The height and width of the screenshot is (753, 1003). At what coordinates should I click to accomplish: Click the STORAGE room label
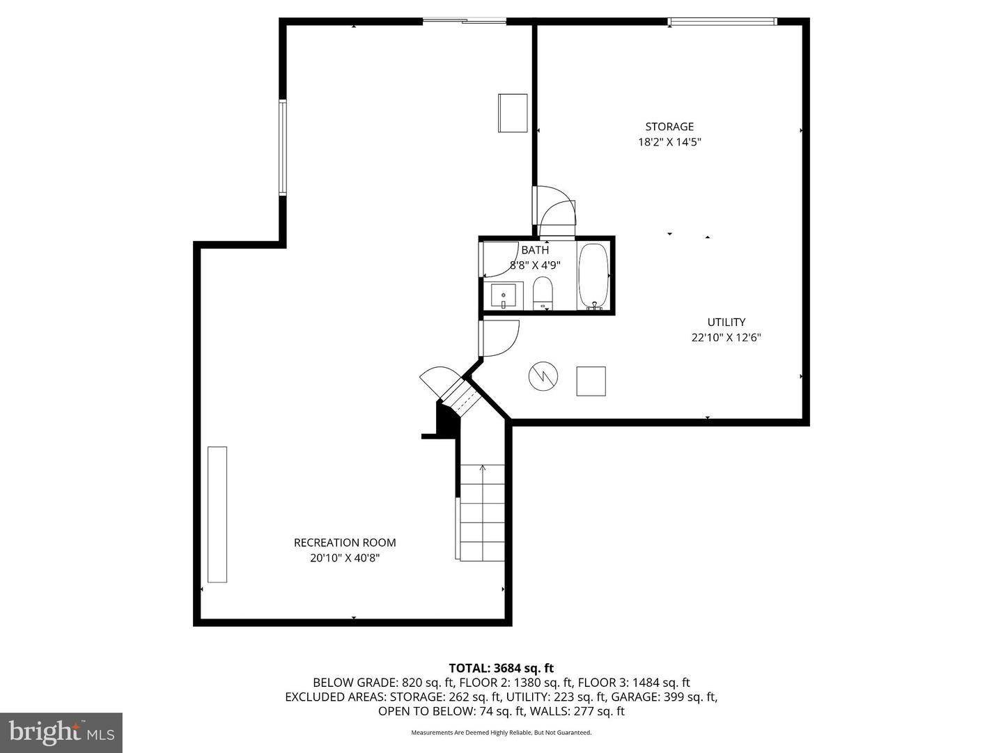(669, 127)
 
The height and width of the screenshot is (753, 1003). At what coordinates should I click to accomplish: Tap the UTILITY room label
(726, 322)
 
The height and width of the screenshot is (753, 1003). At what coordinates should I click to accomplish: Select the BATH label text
(535, 250)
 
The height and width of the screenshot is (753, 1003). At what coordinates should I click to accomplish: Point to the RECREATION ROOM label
(345, 543)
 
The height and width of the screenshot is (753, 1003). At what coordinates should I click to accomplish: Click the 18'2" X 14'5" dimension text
(669, 142)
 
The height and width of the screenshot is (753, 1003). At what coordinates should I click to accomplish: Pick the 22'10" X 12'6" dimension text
(726, 338)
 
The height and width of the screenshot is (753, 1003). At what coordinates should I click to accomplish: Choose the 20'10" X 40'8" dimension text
(345, 558)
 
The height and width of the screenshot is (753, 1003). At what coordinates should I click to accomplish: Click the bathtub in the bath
(593, 277)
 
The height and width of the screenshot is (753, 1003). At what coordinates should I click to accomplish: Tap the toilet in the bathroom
(543, 293)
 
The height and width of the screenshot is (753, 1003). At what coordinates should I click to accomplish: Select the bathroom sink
(503, 295)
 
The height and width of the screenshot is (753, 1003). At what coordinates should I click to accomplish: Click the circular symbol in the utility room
(543, 376)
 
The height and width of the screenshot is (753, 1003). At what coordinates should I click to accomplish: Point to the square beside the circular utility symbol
(591, 381)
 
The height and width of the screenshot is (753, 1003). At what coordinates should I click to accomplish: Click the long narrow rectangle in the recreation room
(217, 515)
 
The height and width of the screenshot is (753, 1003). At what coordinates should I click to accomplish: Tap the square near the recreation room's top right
(513, 113)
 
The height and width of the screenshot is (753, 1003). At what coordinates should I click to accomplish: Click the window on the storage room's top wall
(722, 21)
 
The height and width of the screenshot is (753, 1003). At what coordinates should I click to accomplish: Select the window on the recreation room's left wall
(283, 148)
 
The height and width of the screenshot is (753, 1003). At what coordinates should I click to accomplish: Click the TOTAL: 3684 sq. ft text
(501, 668)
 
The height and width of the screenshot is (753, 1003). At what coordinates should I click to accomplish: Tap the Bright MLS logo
(61, 733)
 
